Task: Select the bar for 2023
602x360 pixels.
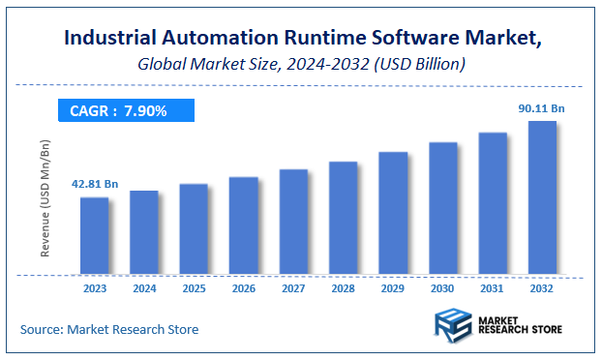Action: click(x=94, y=235)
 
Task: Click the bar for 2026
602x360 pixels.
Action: click(x=243, y=225)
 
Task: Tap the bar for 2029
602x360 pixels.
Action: click(x=392, y=213)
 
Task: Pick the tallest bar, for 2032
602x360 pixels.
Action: click(x=541, y=197)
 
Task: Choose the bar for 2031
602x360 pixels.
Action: click(x=492, y=203)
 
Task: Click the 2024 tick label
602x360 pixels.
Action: click(x=143, y=287)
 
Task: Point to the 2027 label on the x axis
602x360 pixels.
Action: click(x=292, y=287)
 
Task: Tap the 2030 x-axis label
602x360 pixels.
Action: click(x=442, y=287)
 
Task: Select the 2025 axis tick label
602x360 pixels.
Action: click(x=194, y=287)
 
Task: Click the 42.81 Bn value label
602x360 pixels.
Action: click(x=94, y=184)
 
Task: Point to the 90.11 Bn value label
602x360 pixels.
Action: click(x=541, y=108)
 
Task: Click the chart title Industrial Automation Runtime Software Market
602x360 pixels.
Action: click(x=301, y=40)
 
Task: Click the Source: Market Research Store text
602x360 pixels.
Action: click(x=108, y=330)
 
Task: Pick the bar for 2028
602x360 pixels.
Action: click(x=343, y=218)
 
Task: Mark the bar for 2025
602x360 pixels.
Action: click(x=194, y=229)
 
